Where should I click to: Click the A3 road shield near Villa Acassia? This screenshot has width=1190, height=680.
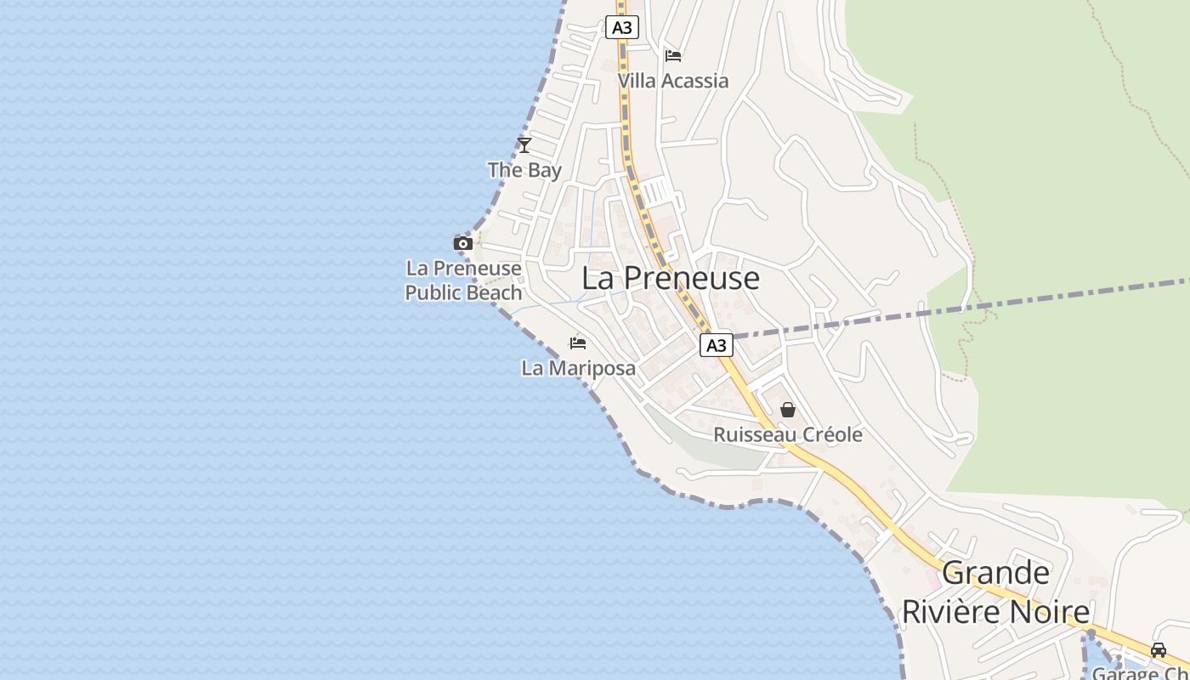[x=622, y=27]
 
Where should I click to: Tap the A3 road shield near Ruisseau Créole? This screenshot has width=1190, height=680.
[x=717, y=345]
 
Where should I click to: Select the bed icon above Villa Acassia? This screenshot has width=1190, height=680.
[x=673, y=56]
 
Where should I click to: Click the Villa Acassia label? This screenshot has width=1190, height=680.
[x=673, y=81]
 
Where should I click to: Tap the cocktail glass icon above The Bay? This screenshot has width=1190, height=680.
[x=524, y=144]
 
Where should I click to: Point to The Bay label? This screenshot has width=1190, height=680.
[x=524, y=170]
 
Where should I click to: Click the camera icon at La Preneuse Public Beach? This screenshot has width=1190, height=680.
[x=463, y=244]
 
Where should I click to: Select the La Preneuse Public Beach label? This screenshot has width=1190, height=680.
[x=463, y=280]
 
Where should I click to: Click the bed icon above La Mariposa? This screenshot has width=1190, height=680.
[x=578, y=343]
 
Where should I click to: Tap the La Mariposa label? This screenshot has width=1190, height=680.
[x=578, y=368]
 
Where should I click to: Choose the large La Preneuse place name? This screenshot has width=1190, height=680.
[x=671, y=278]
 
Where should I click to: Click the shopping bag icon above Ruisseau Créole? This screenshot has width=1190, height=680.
[x=788, y=410]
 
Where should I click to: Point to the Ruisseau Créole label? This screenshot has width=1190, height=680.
[x=788, y=435]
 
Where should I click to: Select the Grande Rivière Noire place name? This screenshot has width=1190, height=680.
[x=995, y=592]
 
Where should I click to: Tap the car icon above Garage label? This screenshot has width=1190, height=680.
[x=1159, y=650]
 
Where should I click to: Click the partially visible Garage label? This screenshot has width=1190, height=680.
[x=1140, y=673]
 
